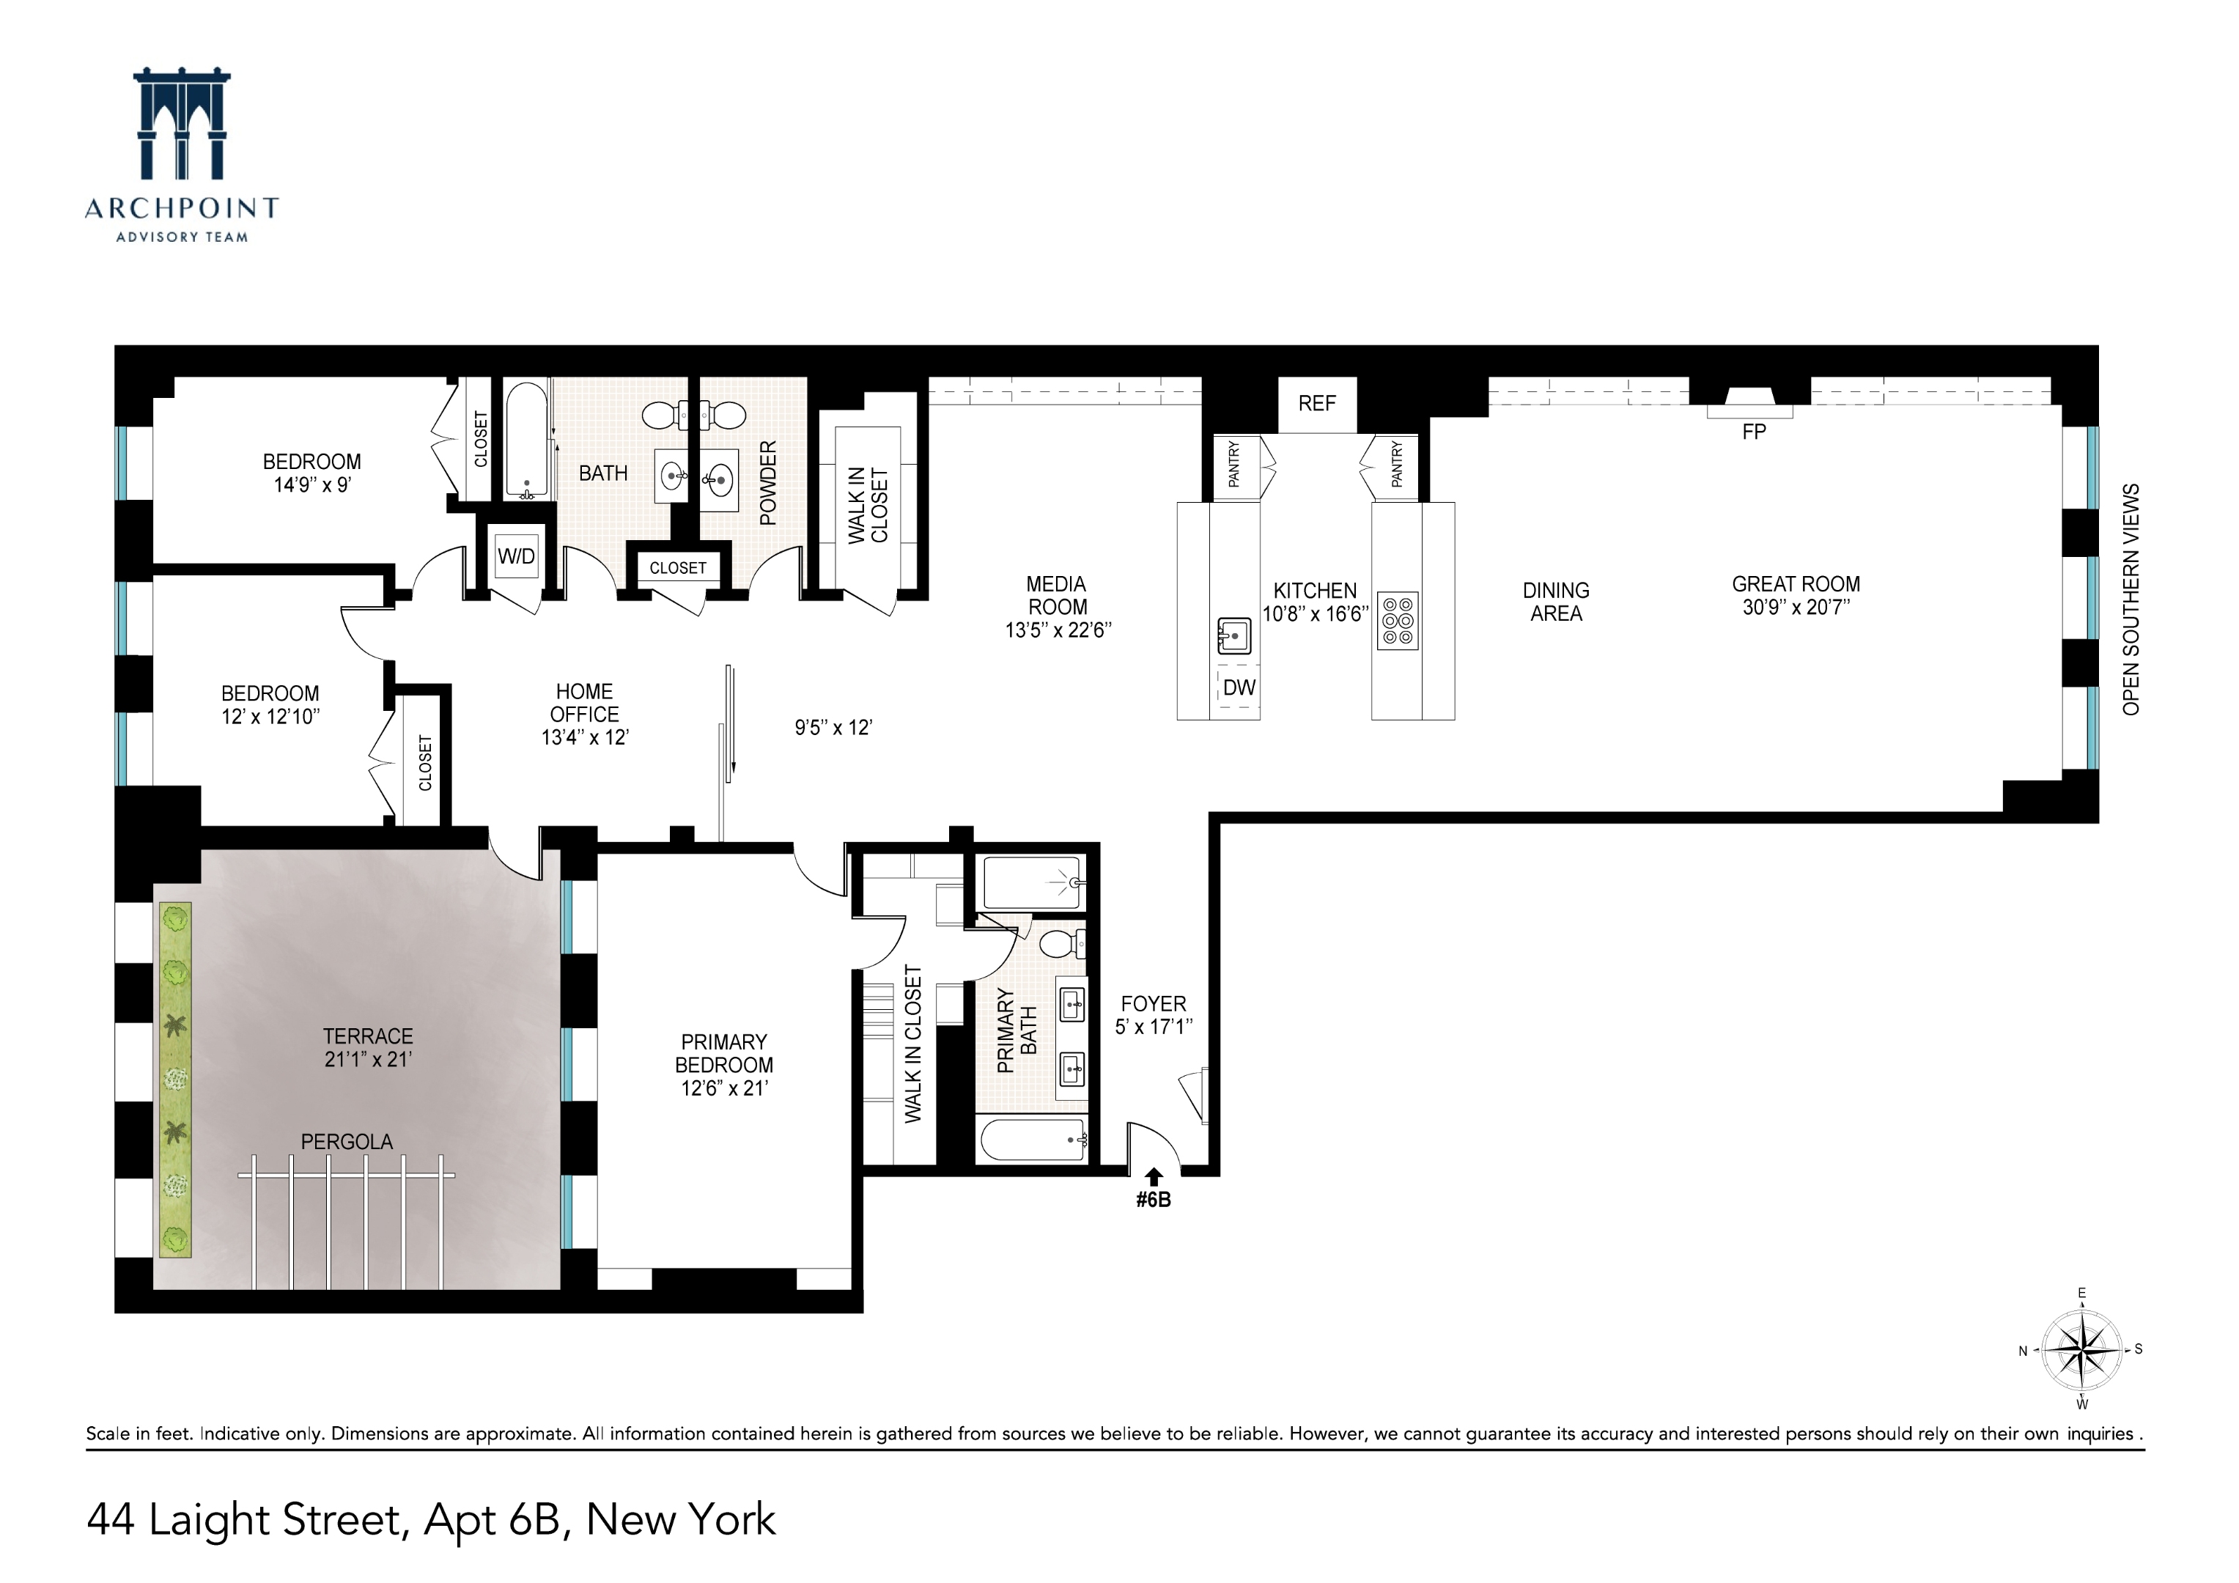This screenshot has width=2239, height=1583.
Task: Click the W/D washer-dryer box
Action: [x=516, y=556]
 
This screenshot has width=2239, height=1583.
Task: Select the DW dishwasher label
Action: [x=1239, y=687]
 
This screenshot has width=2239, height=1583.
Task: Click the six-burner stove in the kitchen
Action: [x=1398, y=620]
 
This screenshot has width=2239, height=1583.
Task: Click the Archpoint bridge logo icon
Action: [x=181, y=124]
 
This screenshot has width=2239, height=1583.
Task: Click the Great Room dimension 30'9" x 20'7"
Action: [x=1796, y=608]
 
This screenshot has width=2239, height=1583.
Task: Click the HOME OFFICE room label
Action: [x=584, y=702]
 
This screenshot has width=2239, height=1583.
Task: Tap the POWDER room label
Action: [x=768, y=483]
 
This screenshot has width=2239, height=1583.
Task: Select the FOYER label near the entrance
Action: [x=1153, y=1003]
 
